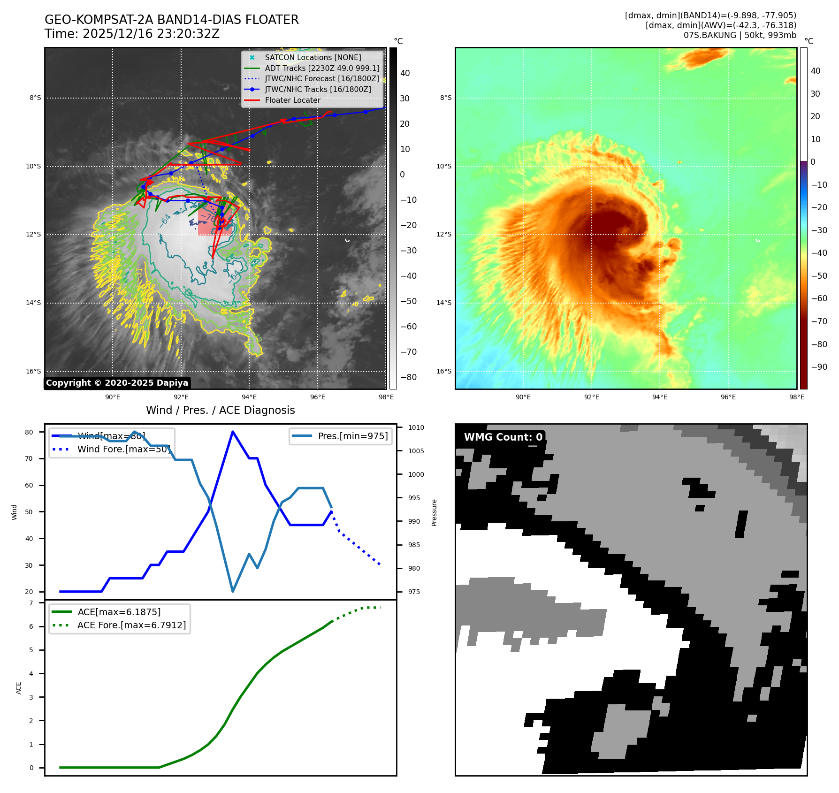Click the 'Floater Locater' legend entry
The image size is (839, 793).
point(292,100)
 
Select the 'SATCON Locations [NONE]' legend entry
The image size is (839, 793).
point(313,57)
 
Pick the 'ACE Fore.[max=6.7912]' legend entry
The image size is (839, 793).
point(131,625)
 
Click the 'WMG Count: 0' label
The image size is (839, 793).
point(503,437)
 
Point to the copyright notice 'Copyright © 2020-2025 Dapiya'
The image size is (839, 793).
point(117,383)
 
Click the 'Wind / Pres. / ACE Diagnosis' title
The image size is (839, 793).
point(220,410)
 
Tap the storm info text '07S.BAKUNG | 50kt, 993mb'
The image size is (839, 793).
point(740,35)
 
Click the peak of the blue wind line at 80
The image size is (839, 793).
point(233,432)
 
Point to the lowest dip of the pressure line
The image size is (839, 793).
point(233,591)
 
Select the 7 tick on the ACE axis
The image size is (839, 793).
point(31,603)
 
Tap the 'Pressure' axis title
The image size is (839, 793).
point(434,512)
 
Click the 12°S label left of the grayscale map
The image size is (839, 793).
point(33,234)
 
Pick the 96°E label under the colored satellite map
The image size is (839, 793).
point(728,397)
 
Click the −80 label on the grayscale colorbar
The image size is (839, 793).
point(408,377)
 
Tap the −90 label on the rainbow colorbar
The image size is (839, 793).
point(819,367)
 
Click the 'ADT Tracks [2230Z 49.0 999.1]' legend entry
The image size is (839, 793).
point(321,68)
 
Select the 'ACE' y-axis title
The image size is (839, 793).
point(19,688)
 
